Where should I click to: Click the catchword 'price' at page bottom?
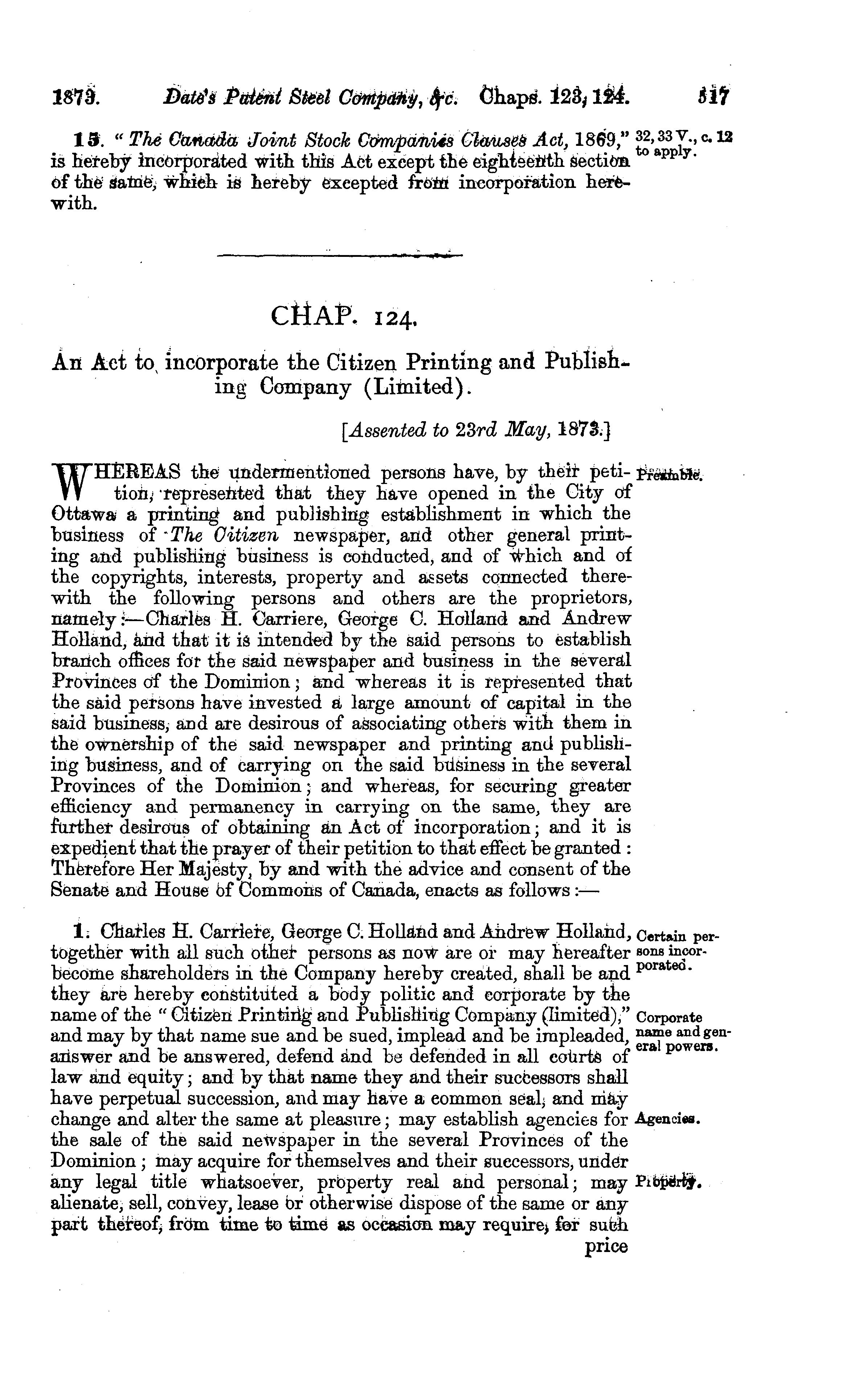point(606,1247)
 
